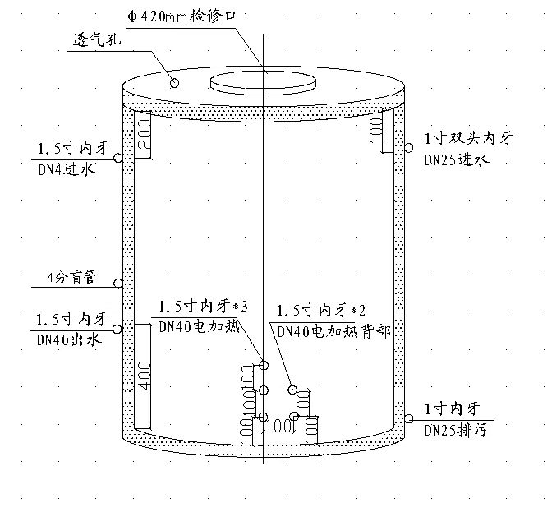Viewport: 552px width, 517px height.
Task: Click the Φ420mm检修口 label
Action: point(182,16)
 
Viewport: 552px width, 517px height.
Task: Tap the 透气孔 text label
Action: point(97,39)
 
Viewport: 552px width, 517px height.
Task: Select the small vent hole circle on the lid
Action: point(174,83)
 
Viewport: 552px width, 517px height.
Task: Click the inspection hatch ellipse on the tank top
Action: point(263,84)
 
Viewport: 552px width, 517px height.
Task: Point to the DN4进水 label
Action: point(67,170)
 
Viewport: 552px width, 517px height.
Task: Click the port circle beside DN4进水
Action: point(118,158)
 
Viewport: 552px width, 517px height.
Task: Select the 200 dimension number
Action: point(144,135)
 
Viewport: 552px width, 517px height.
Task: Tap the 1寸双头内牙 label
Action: point(469,138)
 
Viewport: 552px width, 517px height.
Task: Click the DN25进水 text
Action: point(457,159)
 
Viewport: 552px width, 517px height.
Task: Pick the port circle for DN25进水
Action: point(408,148)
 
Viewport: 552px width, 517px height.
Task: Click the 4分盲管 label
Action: point(71,278)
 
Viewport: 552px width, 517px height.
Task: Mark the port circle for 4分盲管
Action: point(118,283)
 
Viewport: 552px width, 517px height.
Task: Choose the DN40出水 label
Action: point(69,339)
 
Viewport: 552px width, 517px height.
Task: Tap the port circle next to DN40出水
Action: point(117,330)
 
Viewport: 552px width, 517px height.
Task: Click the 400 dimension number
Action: point(145,376)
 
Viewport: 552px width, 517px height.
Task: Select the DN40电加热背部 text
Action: point(334,331)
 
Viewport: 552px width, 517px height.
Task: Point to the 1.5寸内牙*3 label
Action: point(203,307)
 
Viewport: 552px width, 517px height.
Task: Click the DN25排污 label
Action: point(457,431)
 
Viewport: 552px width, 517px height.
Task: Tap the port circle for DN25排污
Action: point(408,418)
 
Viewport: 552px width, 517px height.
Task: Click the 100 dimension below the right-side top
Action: point(375,131)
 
